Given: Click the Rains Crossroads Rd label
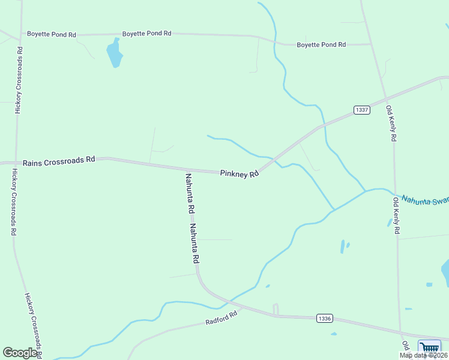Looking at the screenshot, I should [x=59, y=161].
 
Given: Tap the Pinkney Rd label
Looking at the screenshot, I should [x=239, y=173].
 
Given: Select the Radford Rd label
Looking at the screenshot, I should [x=222, y=317].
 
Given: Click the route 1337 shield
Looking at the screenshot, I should [x=361, y=110].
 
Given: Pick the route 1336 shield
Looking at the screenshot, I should [x=324, y=319].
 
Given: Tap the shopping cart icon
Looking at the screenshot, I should [x=429, y=348].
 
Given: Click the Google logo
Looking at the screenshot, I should [x=20, y=353].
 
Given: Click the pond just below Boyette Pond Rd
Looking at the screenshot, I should [x=113, y=54].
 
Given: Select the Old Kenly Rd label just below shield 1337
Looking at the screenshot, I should [x=391, y=124].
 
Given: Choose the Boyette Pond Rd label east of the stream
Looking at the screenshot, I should [x=321, y=44].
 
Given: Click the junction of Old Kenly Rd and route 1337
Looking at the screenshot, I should [x=385, y=97].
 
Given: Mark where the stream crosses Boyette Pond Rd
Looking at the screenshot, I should [x=274, y=42].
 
